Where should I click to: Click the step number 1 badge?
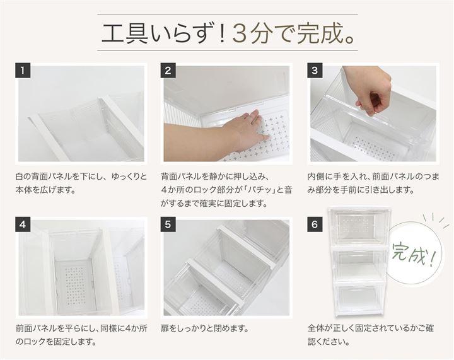pyautogui.click(x=23, y=71)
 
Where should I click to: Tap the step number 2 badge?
pyautogui.click(x=168, y=71)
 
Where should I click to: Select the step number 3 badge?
pyautogui.click(x=315, y=71)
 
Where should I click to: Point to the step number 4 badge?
pyautogui.click(x=23, y=224)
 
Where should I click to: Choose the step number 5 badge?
pyautogui.click(x=168, y=224)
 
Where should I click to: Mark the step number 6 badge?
pyautogui.click(x=315, y=224)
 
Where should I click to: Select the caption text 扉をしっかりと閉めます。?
pyautogui.click(x=205, y=328)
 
